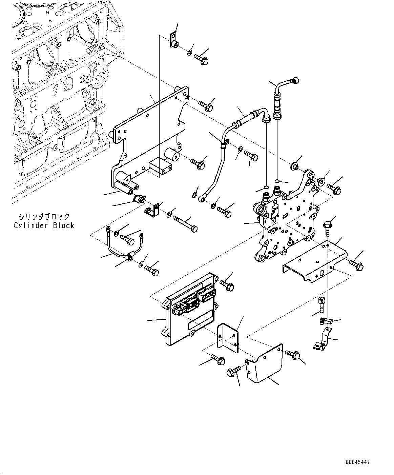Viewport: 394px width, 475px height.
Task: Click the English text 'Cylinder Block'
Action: tap(44, 225)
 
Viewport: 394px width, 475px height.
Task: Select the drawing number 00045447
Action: tap(358, 462)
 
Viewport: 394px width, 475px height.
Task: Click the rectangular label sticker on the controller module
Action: tap(201, 320)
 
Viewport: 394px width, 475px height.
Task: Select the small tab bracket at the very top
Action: tap(173, 40)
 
